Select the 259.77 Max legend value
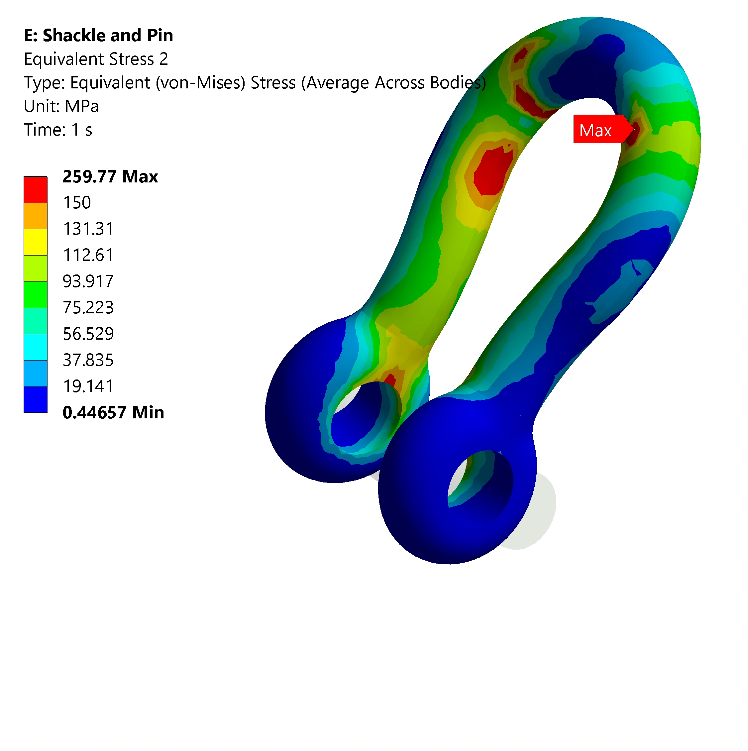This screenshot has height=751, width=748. pyautogui.click(x=110, y=176)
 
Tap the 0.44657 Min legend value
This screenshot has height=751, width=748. pyautogui.click(x=113, y=412)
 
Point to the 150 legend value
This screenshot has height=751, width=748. pyautogui.click(x=77, y=202)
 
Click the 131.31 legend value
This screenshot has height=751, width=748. pyautogui.click(x=88, y=229)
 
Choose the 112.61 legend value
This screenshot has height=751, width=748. pyautogui.click(x=88, y=255)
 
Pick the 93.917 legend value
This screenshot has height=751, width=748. pyautogui.click(x=88, y=281)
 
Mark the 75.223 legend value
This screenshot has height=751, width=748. pyautogui.click(x=88, y=307)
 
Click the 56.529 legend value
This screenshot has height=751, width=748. pyautogui.click(x=88, y=334)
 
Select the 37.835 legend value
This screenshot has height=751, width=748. pyautogui.click(x=88, y=360)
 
